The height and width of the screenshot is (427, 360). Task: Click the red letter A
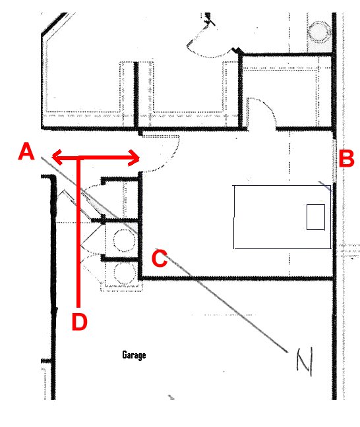[x=26, y=152]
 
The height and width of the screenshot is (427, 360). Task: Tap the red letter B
[x=346, y=158]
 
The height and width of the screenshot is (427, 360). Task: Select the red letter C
[x=160, y=258]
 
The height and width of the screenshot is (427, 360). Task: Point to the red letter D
[x=80, y=322]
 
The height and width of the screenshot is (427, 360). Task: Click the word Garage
[x=134, y=355]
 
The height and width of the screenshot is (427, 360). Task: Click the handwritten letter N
[x=305, y=362]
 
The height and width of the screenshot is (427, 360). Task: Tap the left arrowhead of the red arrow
[x=57, y=157]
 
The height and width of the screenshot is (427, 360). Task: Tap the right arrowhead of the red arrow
[x=135, y=157]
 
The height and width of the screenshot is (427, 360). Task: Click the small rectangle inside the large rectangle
[x=316, y=217]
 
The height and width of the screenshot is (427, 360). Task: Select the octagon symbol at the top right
[x=319, y=32]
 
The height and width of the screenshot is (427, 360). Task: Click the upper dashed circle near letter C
[x=124, y=240]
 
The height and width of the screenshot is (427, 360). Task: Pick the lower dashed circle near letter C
[x=125, y=273]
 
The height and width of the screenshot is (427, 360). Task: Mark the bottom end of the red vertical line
[x=78, y=307]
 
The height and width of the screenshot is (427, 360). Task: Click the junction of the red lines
[x=78, y=157]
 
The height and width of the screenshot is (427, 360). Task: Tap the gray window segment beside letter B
[x=334, y=160]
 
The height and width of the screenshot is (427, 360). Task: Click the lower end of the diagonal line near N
[x=287, y=352]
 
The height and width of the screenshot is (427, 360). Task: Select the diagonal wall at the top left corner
[x=54, y=24]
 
